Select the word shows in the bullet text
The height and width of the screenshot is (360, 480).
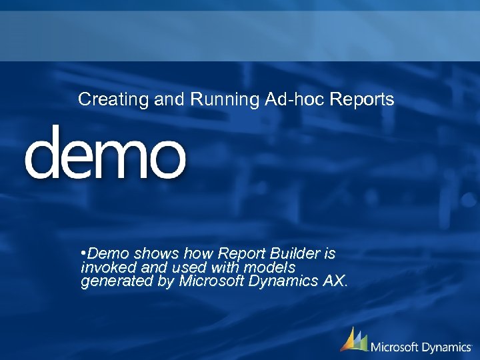(154, 254)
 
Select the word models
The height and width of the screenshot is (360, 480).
(270, 267)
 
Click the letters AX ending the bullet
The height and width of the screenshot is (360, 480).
(333, 281)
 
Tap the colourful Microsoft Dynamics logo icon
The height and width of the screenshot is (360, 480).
(354, 340)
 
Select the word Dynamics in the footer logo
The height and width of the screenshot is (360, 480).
(448, 347)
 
